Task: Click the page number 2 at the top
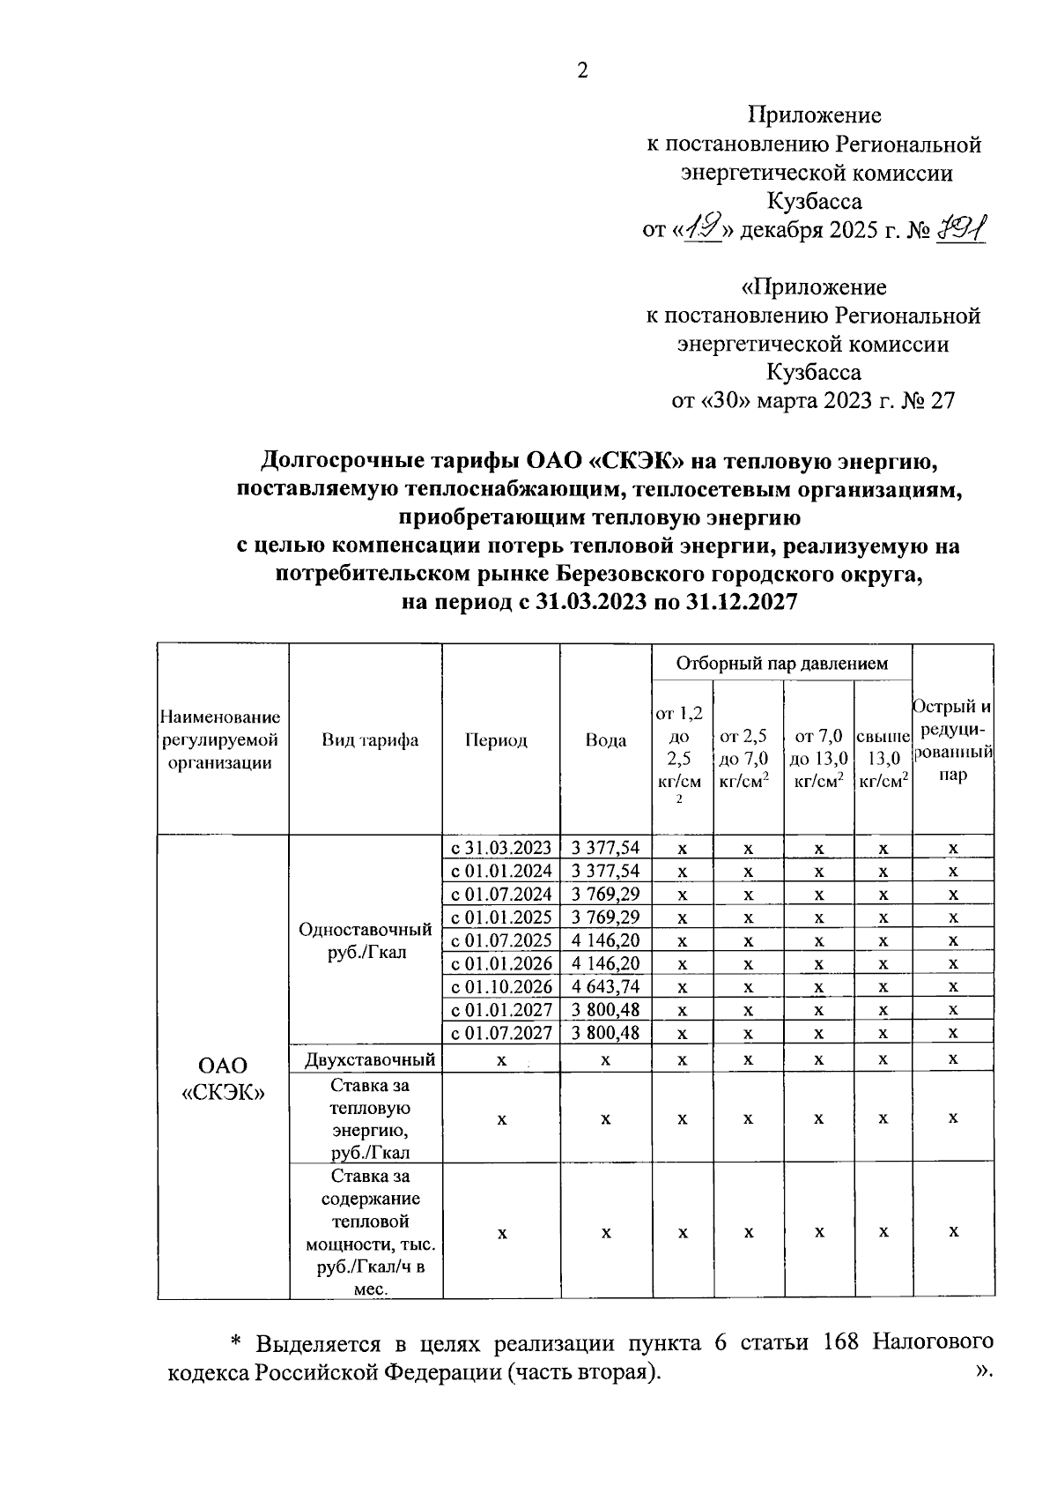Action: (581, 71)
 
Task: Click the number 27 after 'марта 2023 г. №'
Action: (942, 402)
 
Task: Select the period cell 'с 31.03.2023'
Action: (501, 848)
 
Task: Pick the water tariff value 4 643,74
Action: (605, 986)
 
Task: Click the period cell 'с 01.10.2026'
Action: (501, 986)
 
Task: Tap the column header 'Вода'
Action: (606, 740)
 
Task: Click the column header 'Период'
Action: (496, 740)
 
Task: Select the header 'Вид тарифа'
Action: (370, 740)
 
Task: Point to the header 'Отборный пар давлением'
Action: (782, 664)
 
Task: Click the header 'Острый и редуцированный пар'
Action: (953, 740)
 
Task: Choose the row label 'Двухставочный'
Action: (370, 1059)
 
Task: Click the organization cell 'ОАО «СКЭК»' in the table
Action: (223, 1080)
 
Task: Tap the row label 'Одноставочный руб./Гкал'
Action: (366, 940)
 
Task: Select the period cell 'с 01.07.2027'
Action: (501, 1033)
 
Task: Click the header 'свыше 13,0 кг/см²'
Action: (883, 758)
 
